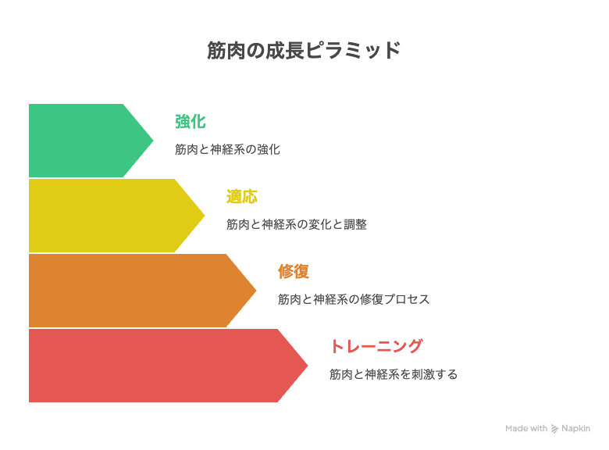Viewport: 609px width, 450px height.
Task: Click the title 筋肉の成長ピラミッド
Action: tap(304, 50)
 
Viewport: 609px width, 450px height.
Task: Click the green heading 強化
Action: tap(191, 122)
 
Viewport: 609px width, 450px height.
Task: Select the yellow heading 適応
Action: tap(241, 197)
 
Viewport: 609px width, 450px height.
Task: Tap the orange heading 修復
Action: tap(294, 271)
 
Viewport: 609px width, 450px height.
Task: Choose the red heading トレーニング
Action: tap(376, 346)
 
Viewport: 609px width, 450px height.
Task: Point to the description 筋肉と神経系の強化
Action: tap(227, 149)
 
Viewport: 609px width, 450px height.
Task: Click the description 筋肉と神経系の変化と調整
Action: tap(297, 224)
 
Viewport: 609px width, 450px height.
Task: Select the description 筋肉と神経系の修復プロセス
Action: tap(354, 299)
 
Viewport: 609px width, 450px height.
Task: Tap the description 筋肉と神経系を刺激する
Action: tap(394, 374)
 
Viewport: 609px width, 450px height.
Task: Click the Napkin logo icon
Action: tap(554, 429)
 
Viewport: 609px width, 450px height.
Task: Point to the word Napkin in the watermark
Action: tap(575, 428)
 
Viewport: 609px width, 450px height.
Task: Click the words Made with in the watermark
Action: tap(526, 428)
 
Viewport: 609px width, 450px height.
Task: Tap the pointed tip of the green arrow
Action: tap(153, 141)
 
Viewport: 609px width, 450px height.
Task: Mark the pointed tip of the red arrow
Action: tap(308, 366)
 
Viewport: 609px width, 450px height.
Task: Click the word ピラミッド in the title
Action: tap(353, 50)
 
